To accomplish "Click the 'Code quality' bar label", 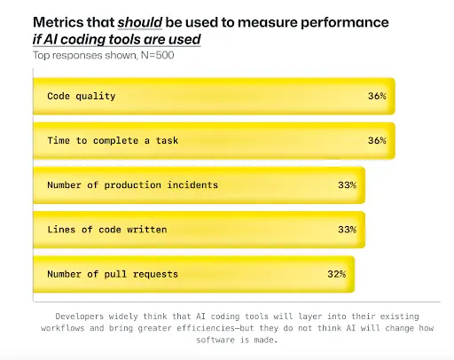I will [82, 96].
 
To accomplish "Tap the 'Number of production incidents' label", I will [131, 184].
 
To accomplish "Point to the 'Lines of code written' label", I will [106, 230].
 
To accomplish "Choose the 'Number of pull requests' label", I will [113, 274].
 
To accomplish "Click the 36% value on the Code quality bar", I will [376, 96].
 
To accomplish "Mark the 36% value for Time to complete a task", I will [376, 140].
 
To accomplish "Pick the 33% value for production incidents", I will [347, 184].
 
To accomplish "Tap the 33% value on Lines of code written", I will [347, 230].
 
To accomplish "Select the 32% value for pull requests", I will [336, 274].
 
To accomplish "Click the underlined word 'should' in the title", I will [143, 20].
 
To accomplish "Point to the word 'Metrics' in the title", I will [58, 20].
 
